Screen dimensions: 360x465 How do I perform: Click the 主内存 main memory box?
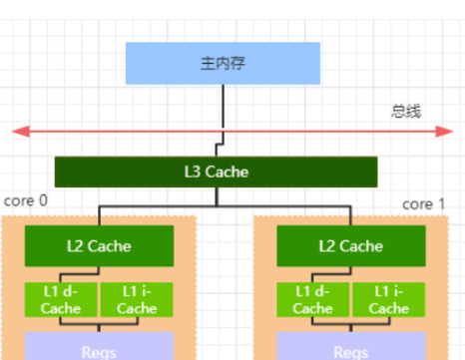pos(223,63)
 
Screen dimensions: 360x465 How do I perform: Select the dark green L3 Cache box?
pos(216,173)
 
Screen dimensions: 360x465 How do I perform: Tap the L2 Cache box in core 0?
pos(99,245)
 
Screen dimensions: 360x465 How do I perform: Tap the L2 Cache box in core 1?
pos(350,245)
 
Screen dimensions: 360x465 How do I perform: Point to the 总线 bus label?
pos(406,110)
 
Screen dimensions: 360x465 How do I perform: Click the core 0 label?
pos(26,201)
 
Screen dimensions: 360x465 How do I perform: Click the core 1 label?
pos(424,203)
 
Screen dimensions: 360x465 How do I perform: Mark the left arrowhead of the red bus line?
pos(18,131)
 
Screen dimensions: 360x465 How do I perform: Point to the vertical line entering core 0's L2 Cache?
pos(99,215)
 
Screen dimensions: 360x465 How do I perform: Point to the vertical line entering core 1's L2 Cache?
pos(350,215)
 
